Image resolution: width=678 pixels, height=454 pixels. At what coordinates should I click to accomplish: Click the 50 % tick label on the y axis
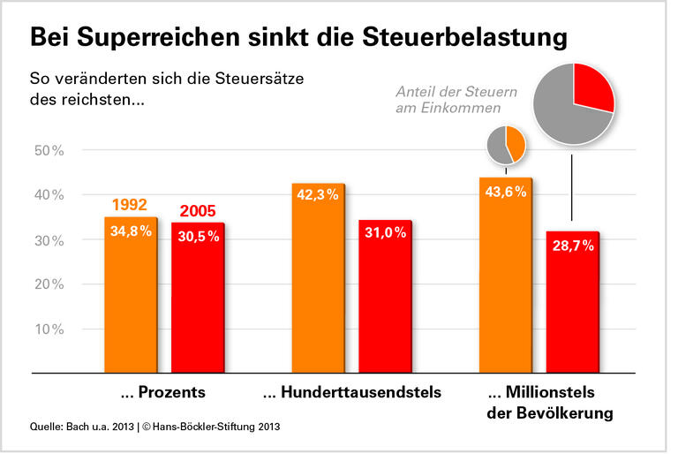click(x=48, y=151)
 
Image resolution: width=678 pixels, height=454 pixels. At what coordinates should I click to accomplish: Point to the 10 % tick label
click(x=48, y=329)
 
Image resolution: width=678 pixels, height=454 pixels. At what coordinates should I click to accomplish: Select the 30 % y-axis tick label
click(x=48, y=240)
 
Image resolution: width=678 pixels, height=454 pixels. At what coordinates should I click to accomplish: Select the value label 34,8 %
click(x=131, y=232)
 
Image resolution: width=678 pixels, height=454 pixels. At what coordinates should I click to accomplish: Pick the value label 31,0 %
click(x=385, y=232)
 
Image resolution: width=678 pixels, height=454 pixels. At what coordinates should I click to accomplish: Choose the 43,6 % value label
click(x=505, y=192)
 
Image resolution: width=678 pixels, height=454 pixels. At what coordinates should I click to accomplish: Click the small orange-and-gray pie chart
click(x=507, y=145)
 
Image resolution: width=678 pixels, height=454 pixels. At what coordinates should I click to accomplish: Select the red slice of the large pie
click(x=592, y=88)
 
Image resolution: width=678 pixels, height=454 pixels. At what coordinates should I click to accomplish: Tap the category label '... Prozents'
click(x=162, y=391)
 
